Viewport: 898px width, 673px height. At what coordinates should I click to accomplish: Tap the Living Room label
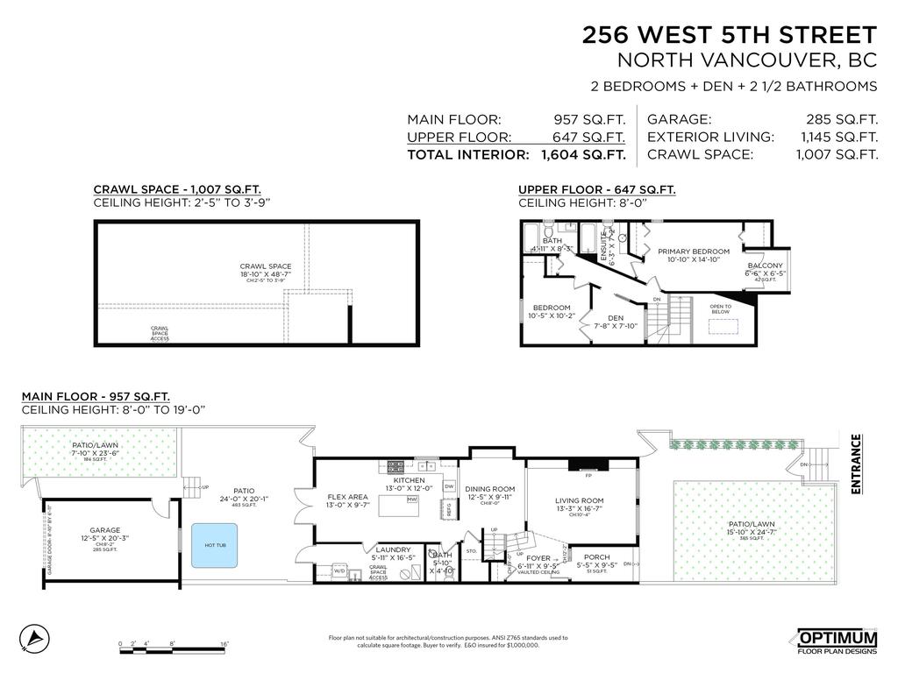(580, 501)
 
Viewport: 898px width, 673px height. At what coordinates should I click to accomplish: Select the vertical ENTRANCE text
(856, 464)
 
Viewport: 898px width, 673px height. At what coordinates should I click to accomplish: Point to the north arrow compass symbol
(32, 637)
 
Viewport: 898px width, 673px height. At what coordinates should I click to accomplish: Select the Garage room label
(105, 530)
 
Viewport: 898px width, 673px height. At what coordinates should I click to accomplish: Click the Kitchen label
(409, 480)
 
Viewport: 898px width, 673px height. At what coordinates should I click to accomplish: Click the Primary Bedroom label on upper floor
(694, 251)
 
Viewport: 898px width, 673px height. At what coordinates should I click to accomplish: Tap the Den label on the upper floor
(615, 318)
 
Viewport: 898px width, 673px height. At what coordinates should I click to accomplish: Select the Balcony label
(765, 266)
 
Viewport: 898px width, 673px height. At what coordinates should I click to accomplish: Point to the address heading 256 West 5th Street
(730, 35)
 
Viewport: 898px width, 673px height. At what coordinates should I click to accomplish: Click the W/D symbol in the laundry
(339, 572)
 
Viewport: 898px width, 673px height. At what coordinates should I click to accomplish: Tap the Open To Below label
(721, 308)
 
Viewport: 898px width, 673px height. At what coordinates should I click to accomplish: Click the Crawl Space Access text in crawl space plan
(159, 333)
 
